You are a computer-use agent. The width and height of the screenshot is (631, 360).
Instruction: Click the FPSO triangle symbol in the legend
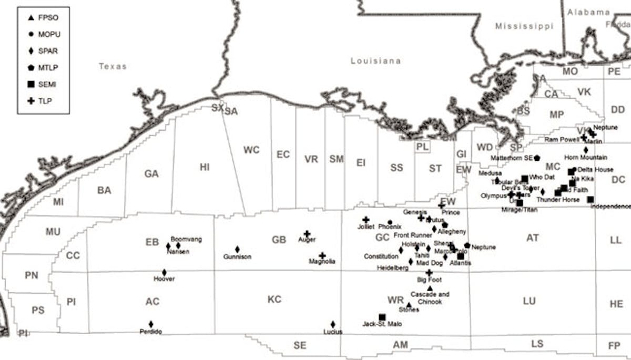point(31,18)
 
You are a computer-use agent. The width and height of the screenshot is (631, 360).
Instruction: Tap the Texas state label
point(113,66)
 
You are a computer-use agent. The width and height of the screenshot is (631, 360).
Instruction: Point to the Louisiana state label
point(375,61)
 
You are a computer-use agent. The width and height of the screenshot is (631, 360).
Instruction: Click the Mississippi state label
point(524,26)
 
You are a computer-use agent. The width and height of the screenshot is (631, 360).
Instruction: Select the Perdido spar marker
point(151,324)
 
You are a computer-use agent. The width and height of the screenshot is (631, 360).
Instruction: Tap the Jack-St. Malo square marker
point(382,317)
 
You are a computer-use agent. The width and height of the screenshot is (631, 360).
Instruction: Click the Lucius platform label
point(333,332)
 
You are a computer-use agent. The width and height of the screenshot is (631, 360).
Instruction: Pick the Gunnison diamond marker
point(237,249)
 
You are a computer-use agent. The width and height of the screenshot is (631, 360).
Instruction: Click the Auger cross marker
point(307,233)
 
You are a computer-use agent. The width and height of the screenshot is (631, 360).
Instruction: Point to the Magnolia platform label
point(322,261)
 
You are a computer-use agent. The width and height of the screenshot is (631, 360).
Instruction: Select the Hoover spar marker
point(164,273)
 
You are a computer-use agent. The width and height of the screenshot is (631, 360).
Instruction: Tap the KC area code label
point(274,300)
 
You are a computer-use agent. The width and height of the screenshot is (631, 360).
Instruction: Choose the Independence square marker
point(591,199)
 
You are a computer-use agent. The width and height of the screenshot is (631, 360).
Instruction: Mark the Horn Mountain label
point(585,157)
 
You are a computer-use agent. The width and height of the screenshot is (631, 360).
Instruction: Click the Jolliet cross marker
point(366,220)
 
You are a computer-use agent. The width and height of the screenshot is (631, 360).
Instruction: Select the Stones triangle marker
point(409,305)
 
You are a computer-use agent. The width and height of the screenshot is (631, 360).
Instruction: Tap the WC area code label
point(251,150)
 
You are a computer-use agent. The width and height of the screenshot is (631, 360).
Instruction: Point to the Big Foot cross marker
point(429,273)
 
